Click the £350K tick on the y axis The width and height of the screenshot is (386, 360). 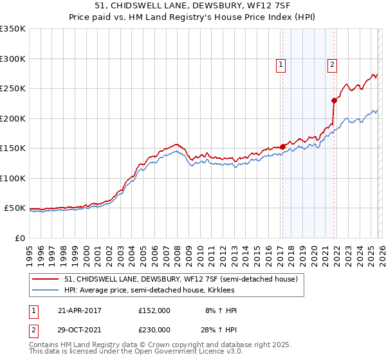pos(12,29)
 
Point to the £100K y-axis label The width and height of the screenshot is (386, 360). pos(12,178)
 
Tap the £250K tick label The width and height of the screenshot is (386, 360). pos(12,89)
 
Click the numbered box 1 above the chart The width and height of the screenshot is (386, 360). pos(282,64)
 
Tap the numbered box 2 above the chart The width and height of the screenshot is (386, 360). pos(332,64)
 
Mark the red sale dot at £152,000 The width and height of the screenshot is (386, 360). pos(282,147)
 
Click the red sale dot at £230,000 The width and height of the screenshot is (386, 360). pos(334,100)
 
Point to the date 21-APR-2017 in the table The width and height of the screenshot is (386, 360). pos(80,310)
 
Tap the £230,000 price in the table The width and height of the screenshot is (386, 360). pos(154,329)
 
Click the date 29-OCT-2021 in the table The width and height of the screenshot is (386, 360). pos(80,329)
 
